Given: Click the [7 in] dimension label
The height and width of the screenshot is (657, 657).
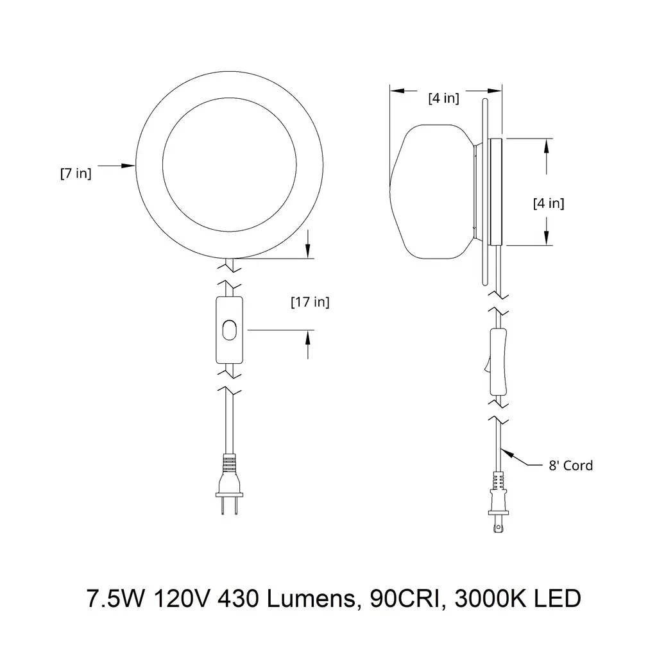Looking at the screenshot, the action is coord(76,173).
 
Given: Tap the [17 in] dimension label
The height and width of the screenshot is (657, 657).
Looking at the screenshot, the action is coord(310,302).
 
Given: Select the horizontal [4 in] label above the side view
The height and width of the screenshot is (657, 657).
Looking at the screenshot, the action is coord(444,98).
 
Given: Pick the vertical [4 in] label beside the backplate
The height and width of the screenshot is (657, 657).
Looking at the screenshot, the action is coord(549,203).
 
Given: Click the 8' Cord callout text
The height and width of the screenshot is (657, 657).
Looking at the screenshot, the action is coord(570,465).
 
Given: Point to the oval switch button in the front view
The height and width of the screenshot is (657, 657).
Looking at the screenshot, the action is coord(229,330).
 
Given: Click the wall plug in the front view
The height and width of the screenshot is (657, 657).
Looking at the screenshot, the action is coord(229,484).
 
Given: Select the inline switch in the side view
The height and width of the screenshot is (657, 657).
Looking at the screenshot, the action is coord(497,362).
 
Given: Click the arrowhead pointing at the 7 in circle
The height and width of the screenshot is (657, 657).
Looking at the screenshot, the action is coord(128,166).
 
